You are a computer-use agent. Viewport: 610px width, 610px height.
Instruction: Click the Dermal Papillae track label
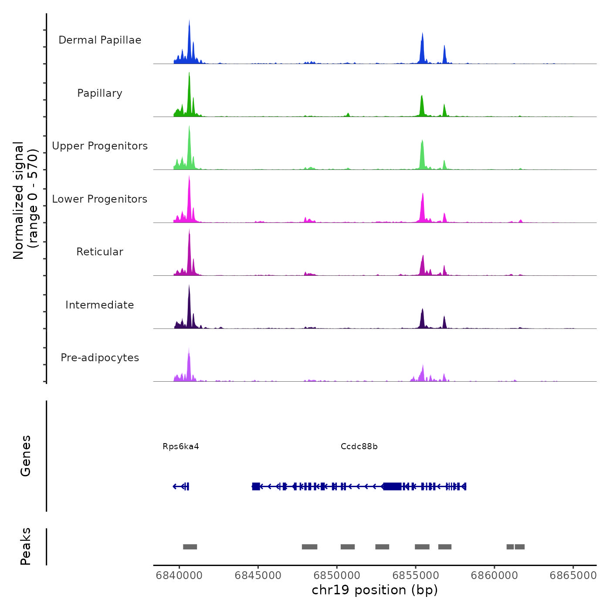pos(100,40)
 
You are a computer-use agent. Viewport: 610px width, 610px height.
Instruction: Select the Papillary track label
pos(100,93)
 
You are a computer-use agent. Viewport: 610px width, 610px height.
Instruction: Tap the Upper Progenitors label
pos(100,146)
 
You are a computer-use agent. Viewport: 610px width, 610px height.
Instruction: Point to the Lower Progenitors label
pos(100,199)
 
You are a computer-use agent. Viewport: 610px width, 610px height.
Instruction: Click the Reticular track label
pos(100,252)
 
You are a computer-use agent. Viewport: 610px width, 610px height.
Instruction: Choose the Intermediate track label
pos(100,305)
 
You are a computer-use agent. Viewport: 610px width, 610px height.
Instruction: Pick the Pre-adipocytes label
pos(100,358)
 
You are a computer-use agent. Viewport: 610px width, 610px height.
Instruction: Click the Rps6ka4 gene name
pos(181,446)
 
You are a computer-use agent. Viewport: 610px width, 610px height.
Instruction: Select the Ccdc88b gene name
pos(359,446)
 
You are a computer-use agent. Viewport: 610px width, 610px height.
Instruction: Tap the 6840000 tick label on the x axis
pos(179,575)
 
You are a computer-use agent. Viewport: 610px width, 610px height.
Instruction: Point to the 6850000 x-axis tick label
pos(337,575)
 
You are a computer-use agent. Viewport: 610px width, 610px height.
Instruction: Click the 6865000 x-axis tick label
pos(573,575)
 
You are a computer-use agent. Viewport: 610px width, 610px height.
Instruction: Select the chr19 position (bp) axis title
pos(375,590)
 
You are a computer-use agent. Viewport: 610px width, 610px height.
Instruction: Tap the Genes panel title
pos(26,456)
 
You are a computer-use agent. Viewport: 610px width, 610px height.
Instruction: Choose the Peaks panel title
pos(26,546)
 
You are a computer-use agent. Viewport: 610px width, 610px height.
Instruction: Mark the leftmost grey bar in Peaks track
pos(190,547)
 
